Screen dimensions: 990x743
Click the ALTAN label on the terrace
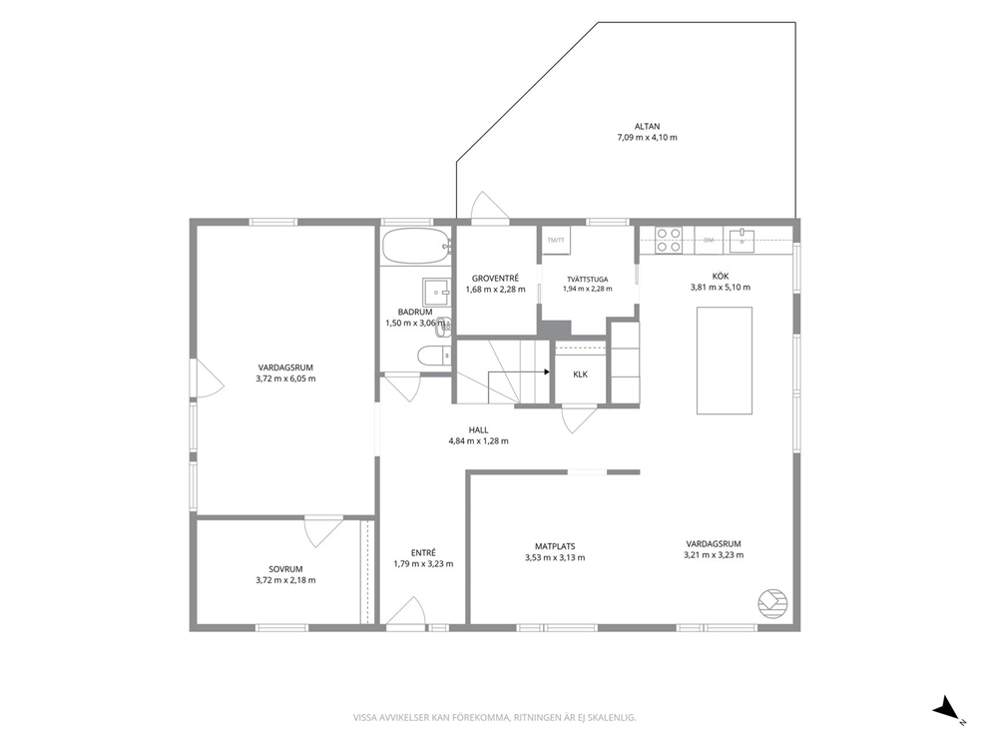[647, 127]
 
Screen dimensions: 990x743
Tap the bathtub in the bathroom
[416, 247]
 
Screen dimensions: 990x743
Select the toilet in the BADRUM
[434, 356]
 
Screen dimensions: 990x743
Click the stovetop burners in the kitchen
[668, 240]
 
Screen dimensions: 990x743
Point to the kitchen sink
[742, 240]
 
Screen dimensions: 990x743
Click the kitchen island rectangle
[725, 361]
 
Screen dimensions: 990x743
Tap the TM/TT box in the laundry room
[556, 240]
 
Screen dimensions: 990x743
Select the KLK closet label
[580, 374]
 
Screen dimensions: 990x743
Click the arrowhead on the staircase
[546, 372]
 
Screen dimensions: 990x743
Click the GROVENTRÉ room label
[496, 278]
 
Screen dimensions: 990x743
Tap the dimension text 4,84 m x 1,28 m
[479, 441]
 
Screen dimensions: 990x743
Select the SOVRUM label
[285, 568]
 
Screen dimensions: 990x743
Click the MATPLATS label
[555, 546]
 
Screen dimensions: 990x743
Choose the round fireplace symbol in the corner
[772, 604]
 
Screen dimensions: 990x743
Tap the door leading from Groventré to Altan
[490, 208]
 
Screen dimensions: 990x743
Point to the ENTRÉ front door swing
[405, 611]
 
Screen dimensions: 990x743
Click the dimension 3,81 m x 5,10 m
[721, 287]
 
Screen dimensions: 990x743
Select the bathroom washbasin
[436, 292]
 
